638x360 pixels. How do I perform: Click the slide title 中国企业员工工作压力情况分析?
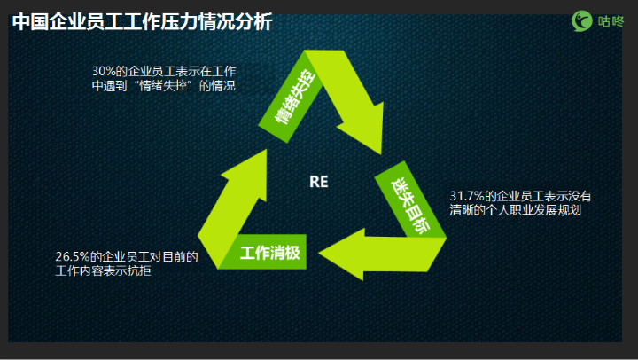click(x=142, y=22)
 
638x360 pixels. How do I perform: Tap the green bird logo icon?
click(x=582, y=20)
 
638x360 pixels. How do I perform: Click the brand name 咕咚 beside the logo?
click(x=611, y=21)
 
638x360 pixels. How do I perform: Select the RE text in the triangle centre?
click(x=319, y=182)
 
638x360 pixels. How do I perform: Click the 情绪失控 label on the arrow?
click(x=295, y=97)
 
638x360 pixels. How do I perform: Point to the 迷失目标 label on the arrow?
click(x=410, y=205)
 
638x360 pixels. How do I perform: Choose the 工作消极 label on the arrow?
click(x=270, y=253)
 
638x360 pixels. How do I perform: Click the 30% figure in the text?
click(x=104, y=71)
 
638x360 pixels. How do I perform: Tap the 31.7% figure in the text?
click(x=467, y=196)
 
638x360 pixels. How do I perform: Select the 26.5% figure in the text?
click(x=72, y=256)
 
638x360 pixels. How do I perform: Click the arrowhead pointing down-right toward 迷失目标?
click(x=364, y=129)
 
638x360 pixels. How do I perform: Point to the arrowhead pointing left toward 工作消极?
click(x=342, y=254)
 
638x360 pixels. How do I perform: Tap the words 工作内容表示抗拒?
click(x=104, y=270)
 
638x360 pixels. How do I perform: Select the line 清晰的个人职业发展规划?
click(x=516, y=210)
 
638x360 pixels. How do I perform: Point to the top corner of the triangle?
click(x=305, y=51)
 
